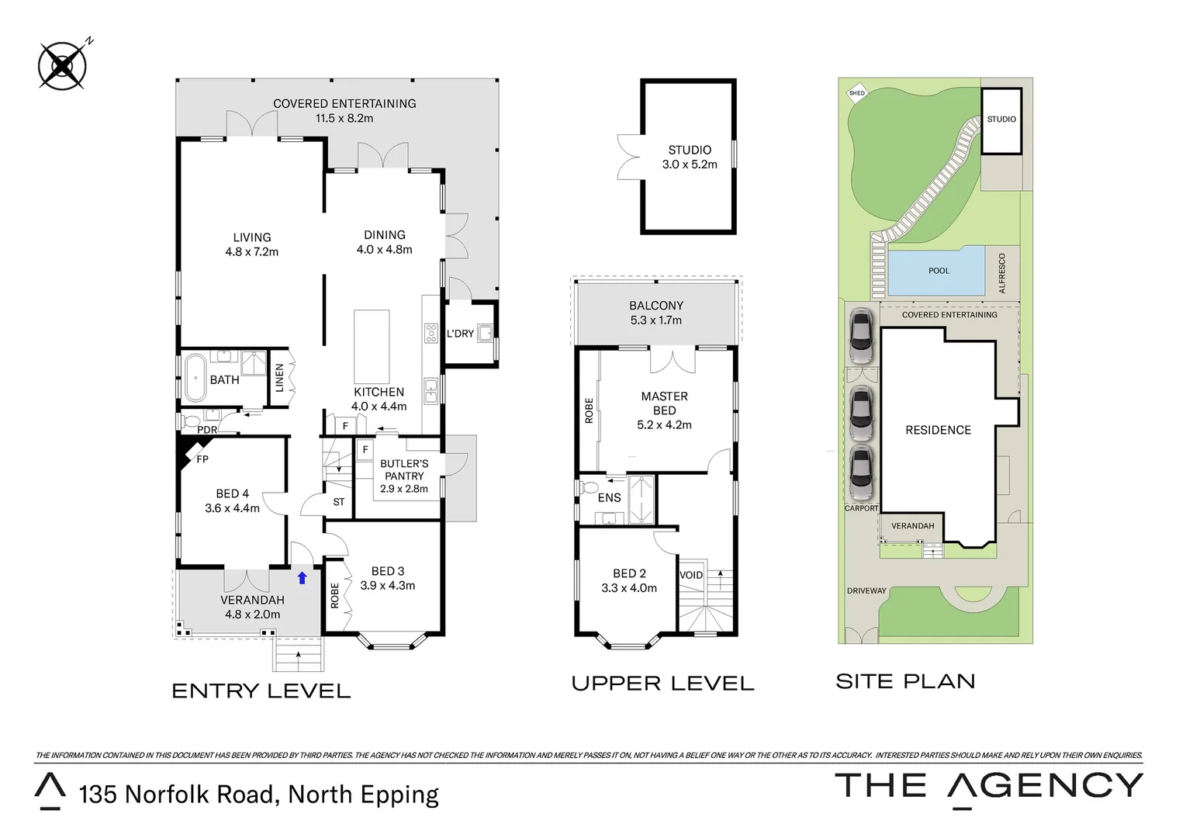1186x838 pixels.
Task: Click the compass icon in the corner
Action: (x=62, y=64)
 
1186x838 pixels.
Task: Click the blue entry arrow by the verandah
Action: (x=302, y=578)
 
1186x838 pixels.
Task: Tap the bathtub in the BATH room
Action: (x=194, y=377)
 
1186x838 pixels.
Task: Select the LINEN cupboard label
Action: (x=279, y=378)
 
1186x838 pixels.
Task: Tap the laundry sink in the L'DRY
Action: (x=486, y=334)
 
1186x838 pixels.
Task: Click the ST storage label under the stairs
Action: (x=339, y=502)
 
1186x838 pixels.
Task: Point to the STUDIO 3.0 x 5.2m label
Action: (x=689, y=157)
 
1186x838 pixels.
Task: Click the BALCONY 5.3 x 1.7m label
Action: (x=656, y=313)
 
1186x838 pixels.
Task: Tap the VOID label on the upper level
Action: (x=690, y=575)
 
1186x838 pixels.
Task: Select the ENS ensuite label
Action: (x=610, y=497)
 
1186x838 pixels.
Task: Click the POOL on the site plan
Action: (x=939, y=271)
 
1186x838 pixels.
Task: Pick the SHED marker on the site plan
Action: (x=856, y=93)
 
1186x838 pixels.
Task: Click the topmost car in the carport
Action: (x=861, y=336)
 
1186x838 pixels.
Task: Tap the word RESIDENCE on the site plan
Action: (x=938, y=430)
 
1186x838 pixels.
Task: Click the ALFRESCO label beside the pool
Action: (x=1002, y=272)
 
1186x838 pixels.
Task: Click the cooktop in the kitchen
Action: (x=431, y=333)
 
